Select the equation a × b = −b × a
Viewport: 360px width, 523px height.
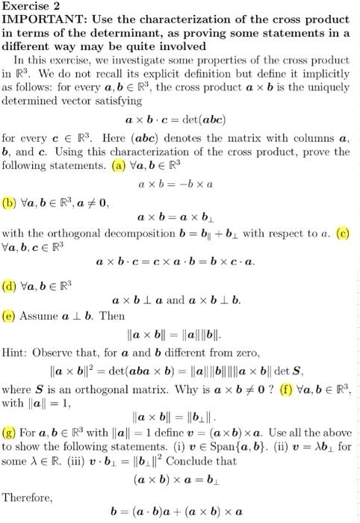176,182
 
